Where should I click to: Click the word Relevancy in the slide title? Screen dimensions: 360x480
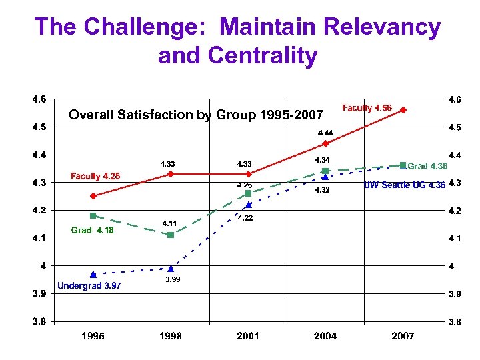[x=381, y=27]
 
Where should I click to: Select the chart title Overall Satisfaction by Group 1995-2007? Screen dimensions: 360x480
[x=196, y=115]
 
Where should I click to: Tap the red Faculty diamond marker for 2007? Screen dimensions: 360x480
[x=403, y=110]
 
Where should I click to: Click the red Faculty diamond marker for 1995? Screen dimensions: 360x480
[x=93, y=196]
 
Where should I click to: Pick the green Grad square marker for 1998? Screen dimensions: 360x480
[x=171, y=235]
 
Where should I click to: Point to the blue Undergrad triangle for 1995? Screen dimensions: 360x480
[x=93, y=274]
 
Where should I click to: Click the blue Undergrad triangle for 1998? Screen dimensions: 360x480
[x=171, y=269]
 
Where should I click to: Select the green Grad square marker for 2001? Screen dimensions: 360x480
[x=248, y=193]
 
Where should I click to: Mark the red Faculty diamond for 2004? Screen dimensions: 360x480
[x=325, y=143]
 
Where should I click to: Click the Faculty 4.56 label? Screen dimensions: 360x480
[x=367, y=108]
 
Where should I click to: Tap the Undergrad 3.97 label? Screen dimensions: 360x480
[x=89, y=286]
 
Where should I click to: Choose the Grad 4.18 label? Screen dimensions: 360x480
[x=92, y=231]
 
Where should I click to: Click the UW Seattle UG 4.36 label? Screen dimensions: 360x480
[x=404, y=185]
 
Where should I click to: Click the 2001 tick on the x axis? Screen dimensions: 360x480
[x=248, y=336]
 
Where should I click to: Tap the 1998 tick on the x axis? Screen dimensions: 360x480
[x=171, y=336]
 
